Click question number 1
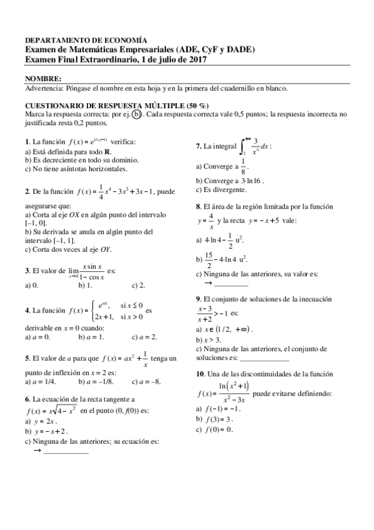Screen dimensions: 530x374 pyautogui.click(x=27, y=142)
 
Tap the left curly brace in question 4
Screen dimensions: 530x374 pyautogui.click(x=93, y=311)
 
